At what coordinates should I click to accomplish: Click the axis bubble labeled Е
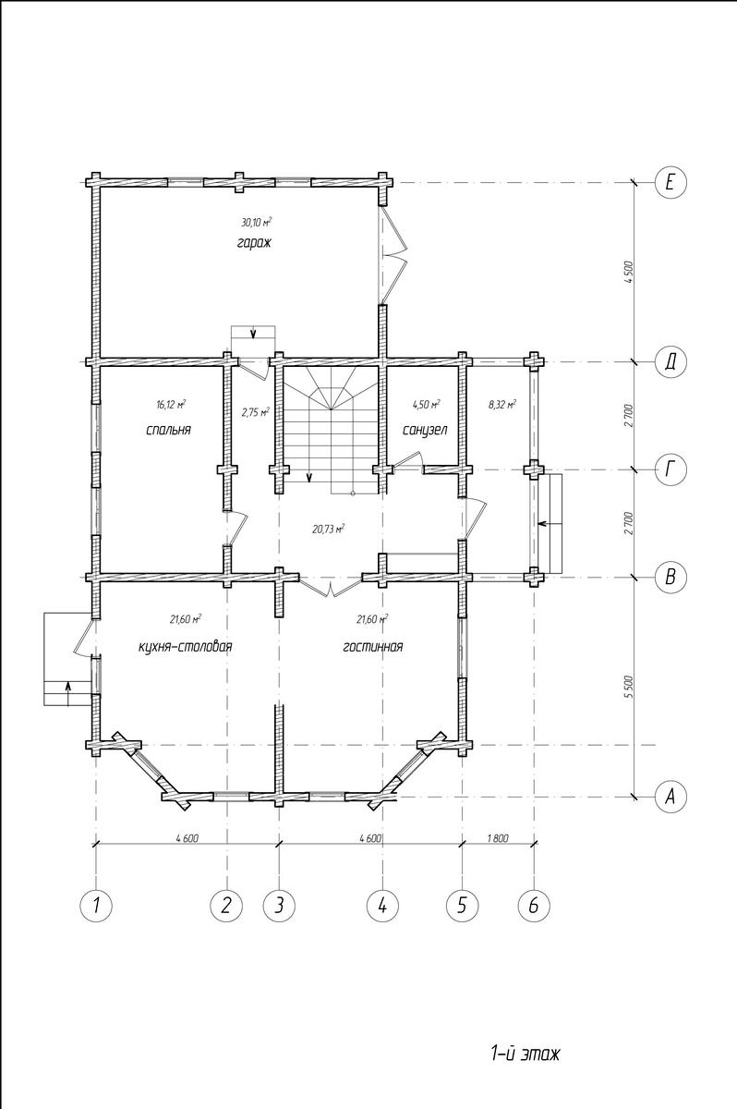(671, 183)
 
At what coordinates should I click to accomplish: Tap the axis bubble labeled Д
(671, 362)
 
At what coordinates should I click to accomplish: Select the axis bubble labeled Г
(671, 469)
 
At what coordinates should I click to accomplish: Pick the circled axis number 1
(96, 906)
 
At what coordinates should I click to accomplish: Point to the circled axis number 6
(534, 906)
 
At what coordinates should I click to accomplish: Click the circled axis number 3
(280, 906)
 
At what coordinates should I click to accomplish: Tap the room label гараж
(254, 244)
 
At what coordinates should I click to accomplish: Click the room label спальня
(169, 430)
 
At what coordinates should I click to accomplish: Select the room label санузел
(425, 430)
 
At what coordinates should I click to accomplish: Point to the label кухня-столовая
(186, 647)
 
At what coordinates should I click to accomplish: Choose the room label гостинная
(373, 647)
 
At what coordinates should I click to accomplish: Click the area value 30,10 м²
(257, 223)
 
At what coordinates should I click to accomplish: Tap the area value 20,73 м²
(329, 530)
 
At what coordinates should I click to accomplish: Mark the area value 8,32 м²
(502, 405)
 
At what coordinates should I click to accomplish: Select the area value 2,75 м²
(256, 412)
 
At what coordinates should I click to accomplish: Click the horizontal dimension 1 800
(498, 838)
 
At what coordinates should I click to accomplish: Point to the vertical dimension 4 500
(629, 272)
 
